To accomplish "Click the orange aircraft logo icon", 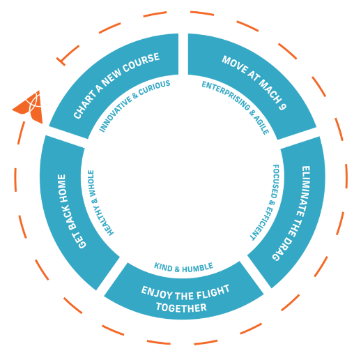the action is pos(29,107).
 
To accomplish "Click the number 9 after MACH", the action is pos(282,105).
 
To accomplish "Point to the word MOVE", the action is pos(234,64).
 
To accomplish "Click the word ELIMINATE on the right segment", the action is pos(303,191).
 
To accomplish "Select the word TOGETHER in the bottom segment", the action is pos(181,307).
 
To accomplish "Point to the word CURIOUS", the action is pos(155,88).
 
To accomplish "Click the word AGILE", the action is pos(261,125).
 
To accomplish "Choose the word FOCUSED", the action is pos(275,181).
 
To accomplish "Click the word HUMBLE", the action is pos(198,268).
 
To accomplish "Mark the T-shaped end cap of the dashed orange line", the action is pos(61,61).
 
